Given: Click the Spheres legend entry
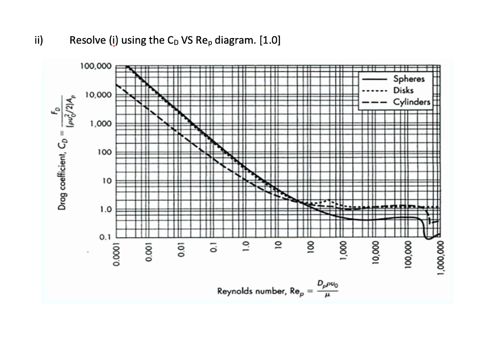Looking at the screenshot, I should coord(409,79).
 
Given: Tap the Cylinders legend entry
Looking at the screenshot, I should coord(412,102).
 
